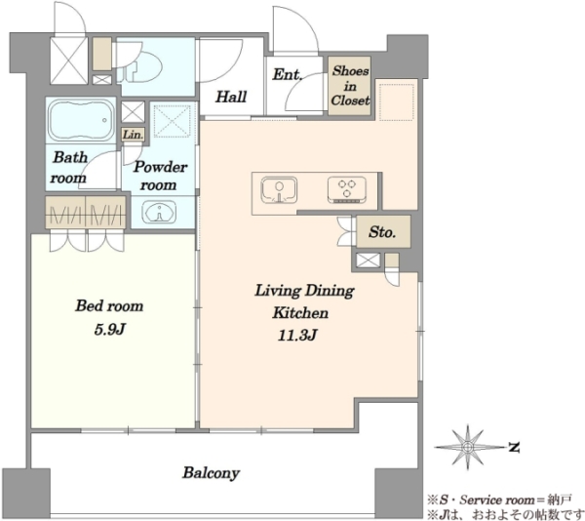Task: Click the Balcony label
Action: (211, 473)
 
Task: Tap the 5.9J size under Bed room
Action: (109, 330)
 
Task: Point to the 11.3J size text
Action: (297, 336)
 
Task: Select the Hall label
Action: (231, 97)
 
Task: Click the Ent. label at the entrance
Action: (287, 74)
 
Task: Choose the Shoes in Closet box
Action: (350, 86)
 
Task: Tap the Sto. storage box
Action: (383, 231)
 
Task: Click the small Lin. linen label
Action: (134, 135)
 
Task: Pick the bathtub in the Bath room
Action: (82, 120)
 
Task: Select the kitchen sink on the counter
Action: (280, 190)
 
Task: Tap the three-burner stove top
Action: (347, 189)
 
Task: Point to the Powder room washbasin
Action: (159, 213)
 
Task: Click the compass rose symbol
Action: (468, 446)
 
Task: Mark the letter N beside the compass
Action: (515, 447)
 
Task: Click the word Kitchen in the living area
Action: (300, 313)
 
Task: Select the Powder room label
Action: (160, 176)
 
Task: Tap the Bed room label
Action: (109, 306)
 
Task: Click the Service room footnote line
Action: (499, 500)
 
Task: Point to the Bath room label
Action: (69, 168)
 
